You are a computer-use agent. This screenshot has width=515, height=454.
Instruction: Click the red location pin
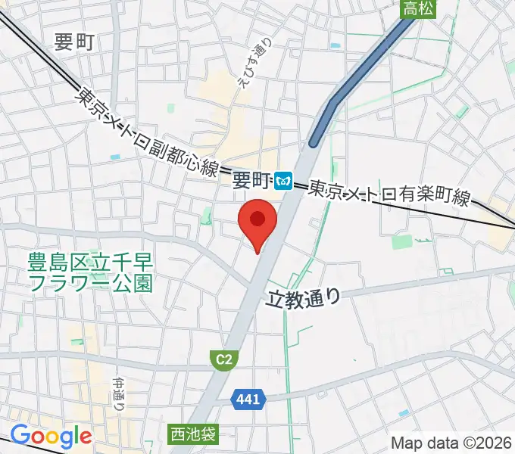tap(257, 221)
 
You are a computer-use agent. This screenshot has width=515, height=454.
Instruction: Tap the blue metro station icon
tap(284, 180)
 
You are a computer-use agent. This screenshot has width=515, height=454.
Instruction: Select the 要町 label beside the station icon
tap(251, 180)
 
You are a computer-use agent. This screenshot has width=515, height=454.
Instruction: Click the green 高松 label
tap(418, 8)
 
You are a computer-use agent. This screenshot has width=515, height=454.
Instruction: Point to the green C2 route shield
tap(223, 360)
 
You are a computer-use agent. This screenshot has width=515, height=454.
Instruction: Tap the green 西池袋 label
tap(192, 434)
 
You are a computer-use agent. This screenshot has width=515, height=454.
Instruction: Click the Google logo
tap(51, 437)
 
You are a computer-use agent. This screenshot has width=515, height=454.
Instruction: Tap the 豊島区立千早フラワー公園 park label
tap(91, 273)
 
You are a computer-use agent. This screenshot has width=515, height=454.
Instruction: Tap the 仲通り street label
tap(118, 394)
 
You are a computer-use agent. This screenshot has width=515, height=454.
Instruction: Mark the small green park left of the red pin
tap(205, 217)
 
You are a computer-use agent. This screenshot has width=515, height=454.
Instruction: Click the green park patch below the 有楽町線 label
tap(402, 241)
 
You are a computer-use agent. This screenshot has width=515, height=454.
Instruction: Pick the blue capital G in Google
tap(20, 437)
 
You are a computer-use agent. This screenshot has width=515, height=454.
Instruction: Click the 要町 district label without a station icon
tap(74, 42)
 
